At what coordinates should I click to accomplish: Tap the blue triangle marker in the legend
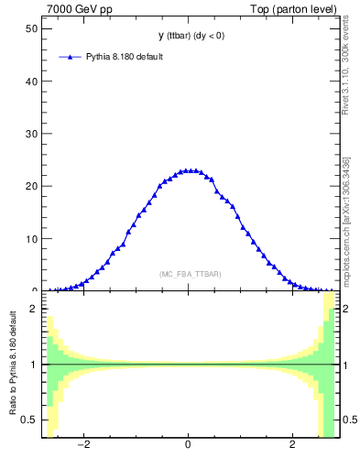tap(71, 57)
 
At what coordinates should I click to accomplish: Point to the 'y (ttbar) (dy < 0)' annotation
tap(188, 36)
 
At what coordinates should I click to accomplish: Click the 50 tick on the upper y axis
tap(31, 27)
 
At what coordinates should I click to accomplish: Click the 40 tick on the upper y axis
tap(31, 81)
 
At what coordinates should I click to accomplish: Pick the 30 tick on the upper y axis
tap(31, 134)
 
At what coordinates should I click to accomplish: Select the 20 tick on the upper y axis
tap(31, 186)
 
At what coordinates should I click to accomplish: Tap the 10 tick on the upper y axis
tap(31, 239)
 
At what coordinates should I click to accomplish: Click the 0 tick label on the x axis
tap(188, 446)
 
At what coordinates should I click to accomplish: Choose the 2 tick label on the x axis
tap(292, 446)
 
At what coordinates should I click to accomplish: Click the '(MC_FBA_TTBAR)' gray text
tap(190, 274)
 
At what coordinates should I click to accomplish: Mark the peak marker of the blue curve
tap(188, 170)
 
